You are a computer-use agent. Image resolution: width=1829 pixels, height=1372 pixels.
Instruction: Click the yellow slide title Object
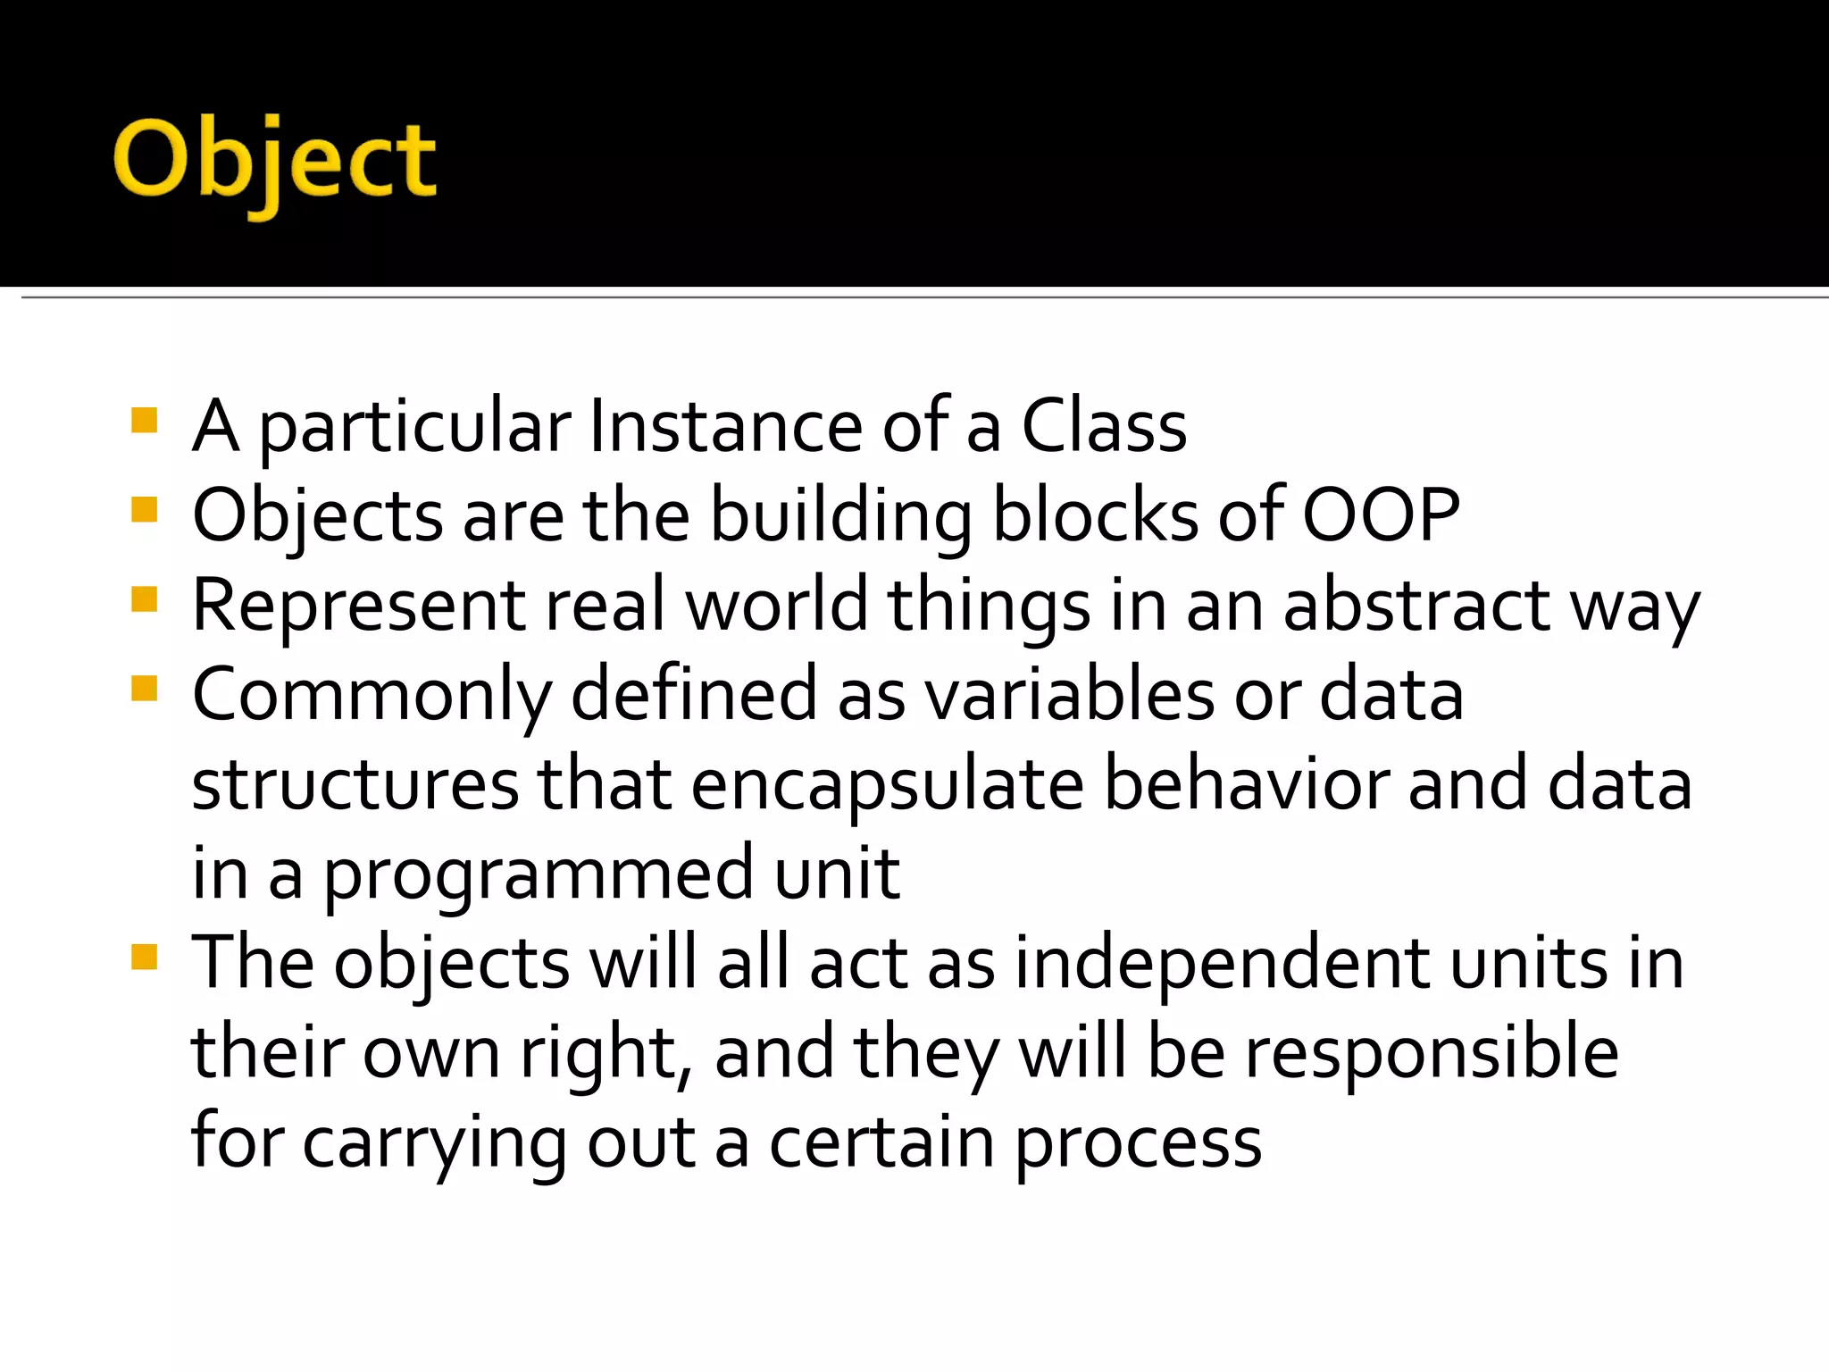click(274, 163)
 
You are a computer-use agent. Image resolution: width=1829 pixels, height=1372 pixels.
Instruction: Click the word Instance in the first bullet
click(724, 426)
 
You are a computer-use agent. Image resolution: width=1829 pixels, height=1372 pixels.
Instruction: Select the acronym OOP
click(1381, 515)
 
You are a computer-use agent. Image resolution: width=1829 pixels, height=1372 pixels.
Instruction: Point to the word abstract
click(1416, 606)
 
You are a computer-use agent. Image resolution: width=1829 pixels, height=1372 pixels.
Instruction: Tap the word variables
click(1068, 695)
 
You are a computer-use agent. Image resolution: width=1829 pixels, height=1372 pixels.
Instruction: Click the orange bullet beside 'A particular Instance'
click(144, 420)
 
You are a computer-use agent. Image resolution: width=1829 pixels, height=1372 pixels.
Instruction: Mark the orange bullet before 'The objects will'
click(144, 958)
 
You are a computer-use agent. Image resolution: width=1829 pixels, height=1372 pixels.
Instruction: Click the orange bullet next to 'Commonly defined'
click(144, 689)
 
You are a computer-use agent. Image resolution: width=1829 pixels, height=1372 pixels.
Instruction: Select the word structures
click(355, 784)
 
